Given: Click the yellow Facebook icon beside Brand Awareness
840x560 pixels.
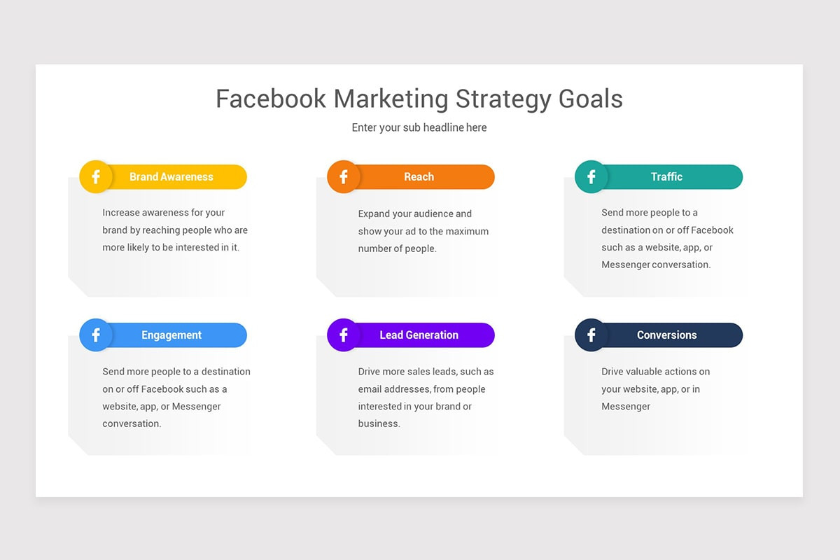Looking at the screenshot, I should [96, 177].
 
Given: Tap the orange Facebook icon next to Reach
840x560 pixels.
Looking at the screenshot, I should [344, 177].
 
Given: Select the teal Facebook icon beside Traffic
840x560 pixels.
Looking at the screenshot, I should [591, 177].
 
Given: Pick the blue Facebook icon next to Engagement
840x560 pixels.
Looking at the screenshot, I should [96, 335].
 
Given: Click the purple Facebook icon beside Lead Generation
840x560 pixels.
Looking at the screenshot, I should [344, 335].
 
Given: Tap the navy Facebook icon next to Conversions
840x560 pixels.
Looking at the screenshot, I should [591, 335].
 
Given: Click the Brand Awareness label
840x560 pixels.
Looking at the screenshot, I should [171, 177].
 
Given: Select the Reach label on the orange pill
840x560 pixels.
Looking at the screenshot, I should [419, 177].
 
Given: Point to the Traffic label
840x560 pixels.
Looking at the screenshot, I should [666, 177].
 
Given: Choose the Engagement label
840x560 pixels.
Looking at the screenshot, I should [171, 335].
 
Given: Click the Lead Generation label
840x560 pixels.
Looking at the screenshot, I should [419, 335].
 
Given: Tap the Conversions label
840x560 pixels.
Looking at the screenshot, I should [666, 335].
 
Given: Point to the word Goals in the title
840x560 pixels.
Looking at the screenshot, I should [590, 99].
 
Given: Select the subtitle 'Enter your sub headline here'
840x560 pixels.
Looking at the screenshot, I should [419, 127].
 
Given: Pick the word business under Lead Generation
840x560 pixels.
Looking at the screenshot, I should [379, 423].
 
